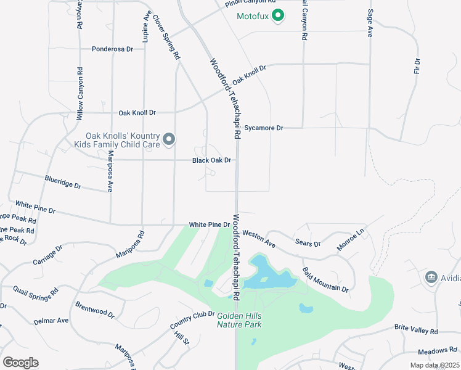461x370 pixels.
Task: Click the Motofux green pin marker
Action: (x=277, y=15)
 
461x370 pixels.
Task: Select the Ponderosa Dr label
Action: (x=113, y=49)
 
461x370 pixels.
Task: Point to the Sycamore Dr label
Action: (x=263, y=128)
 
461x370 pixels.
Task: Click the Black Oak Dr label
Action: (x=211, y=160)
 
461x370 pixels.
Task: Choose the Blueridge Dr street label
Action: (x=63, y=182)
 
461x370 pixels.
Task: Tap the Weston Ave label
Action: (x=259, y=239)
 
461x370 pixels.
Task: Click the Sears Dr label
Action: (x=308, y=244)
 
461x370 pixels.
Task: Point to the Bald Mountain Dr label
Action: (x=325, y=280)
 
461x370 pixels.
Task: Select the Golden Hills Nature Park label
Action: (x=239, y=320)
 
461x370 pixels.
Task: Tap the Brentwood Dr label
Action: (x=95, y=310)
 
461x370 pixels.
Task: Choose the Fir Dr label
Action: (x=417, y=66)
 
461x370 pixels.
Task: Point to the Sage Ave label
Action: (x=370, y=24)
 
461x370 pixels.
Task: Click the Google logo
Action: (x=20, y=363)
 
